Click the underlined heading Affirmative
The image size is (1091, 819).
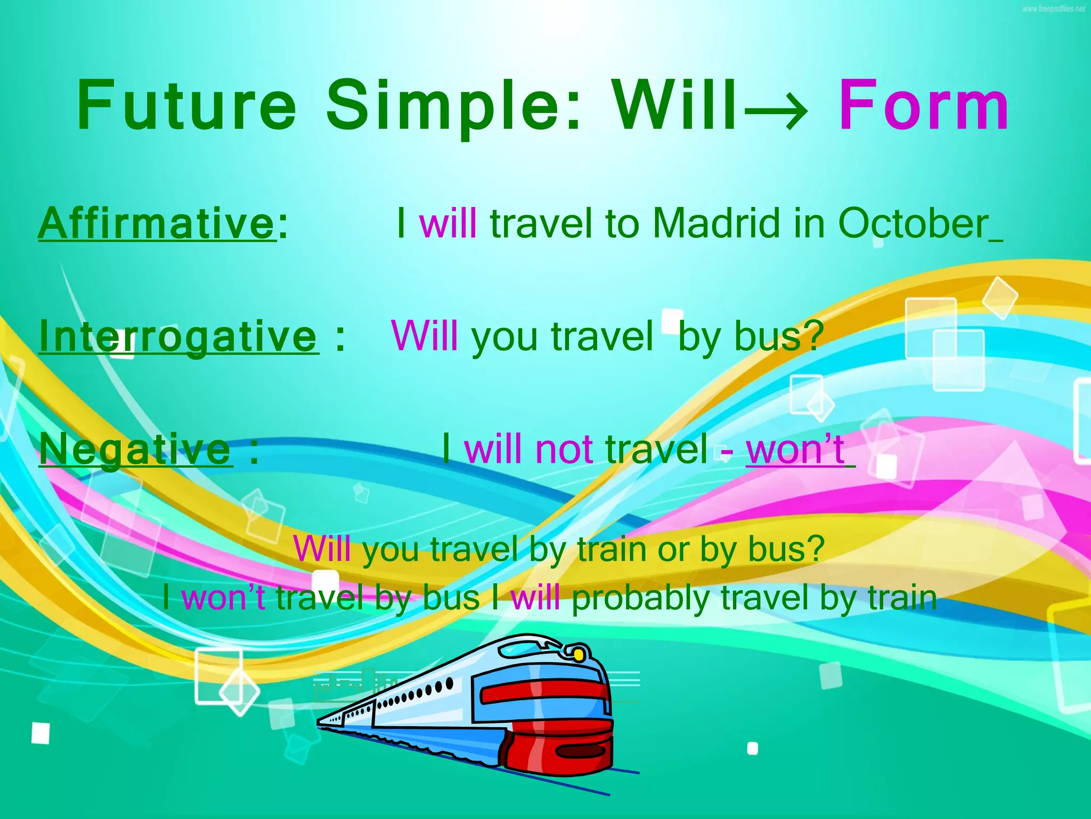pyautogui.click(x=157, y=224)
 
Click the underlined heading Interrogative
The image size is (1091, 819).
pyautogui.click(x=178, y=336)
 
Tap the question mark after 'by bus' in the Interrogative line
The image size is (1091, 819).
pyautogui.click(x=813, y=336)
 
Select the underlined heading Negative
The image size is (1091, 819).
pyautogui.click(x=135, y=449)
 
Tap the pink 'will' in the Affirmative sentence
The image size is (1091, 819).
pyautogui.click(x=447, y=223)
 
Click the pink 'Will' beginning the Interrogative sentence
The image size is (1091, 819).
pyautogui.click(x=424, y=335)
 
